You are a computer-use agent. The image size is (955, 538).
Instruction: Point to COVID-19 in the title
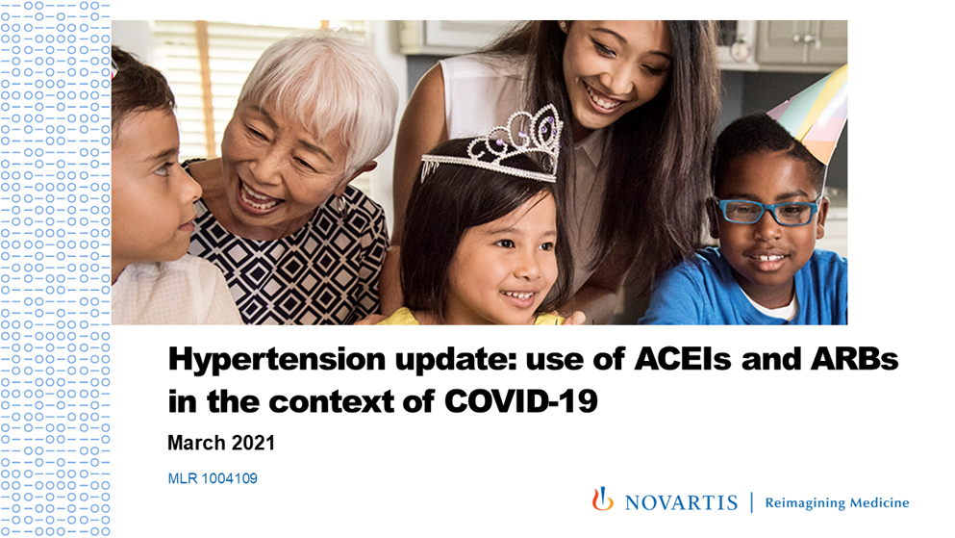(x=521, y=399)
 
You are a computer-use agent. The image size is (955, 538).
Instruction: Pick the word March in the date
(x=194, y=443)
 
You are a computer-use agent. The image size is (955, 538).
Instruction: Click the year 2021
(x=251, y=443)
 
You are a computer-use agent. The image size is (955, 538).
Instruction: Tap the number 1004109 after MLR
(x=228, y=477)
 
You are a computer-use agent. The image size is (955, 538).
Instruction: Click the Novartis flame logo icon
(x=602, y=500)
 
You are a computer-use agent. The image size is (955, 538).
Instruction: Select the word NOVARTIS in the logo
(x=681, y=502)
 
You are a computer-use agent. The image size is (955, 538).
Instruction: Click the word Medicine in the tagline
(x=879, y=502)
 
